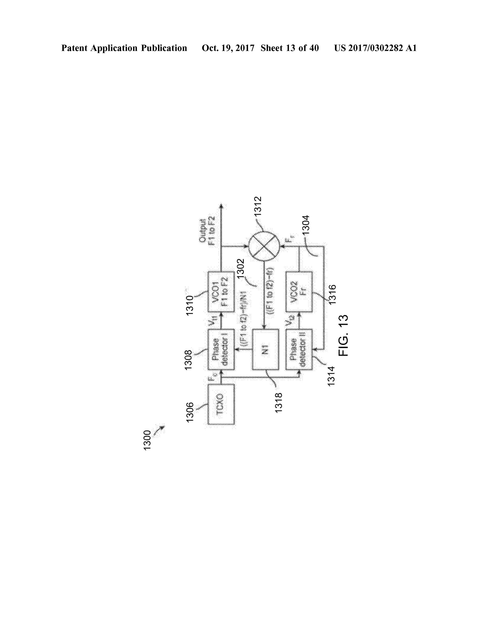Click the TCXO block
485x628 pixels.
point(221,404)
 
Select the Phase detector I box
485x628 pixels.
point(221,349)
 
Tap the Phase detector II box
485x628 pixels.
point(299,349)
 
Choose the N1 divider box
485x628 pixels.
point(265,349)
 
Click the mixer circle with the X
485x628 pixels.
point(264,247)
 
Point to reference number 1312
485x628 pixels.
point(257,206)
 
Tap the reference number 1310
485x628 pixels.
point(190,305)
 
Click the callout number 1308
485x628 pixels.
point(188,360)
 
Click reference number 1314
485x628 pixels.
point(331,376)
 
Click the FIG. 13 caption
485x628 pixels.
point(343,335)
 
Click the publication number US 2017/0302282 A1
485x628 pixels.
point(375,48)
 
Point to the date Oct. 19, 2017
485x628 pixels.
point(228,48)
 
